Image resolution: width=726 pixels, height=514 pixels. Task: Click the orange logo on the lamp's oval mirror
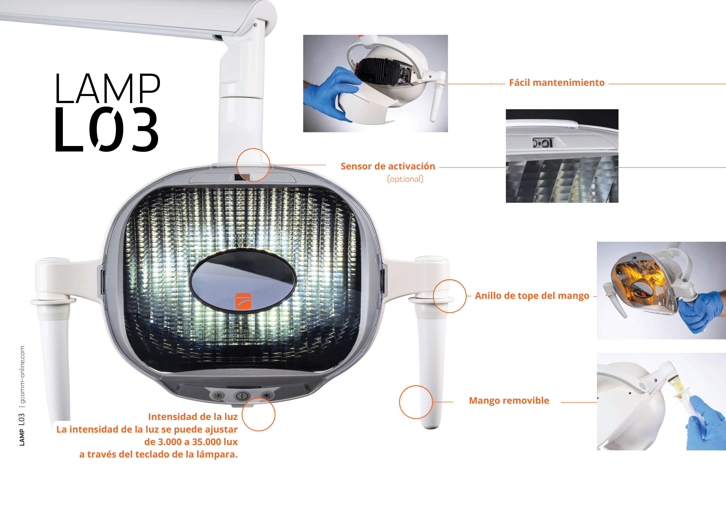point(243,301)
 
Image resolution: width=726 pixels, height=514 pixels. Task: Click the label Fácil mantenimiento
point(557,83)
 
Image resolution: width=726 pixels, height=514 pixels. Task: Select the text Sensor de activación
point(388,167)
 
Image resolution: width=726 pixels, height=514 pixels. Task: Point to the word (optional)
point(405,179)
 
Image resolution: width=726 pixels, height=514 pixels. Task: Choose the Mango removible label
point(509,401)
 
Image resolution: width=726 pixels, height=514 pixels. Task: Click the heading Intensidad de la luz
point(193,417)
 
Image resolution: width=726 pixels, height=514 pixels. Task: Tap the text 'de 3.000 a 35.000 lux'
point(191,442)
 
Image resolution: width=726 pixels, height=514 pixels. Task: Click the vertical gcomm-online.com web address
point(22,376)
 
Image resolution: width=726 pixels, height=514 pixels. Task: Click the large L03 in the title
point(107,129)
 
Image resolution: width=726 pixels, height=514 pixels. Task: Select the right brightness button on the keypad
point(267,395)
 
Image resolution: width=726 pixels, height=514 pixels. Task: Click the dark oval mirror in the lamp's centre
point(242,281)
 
